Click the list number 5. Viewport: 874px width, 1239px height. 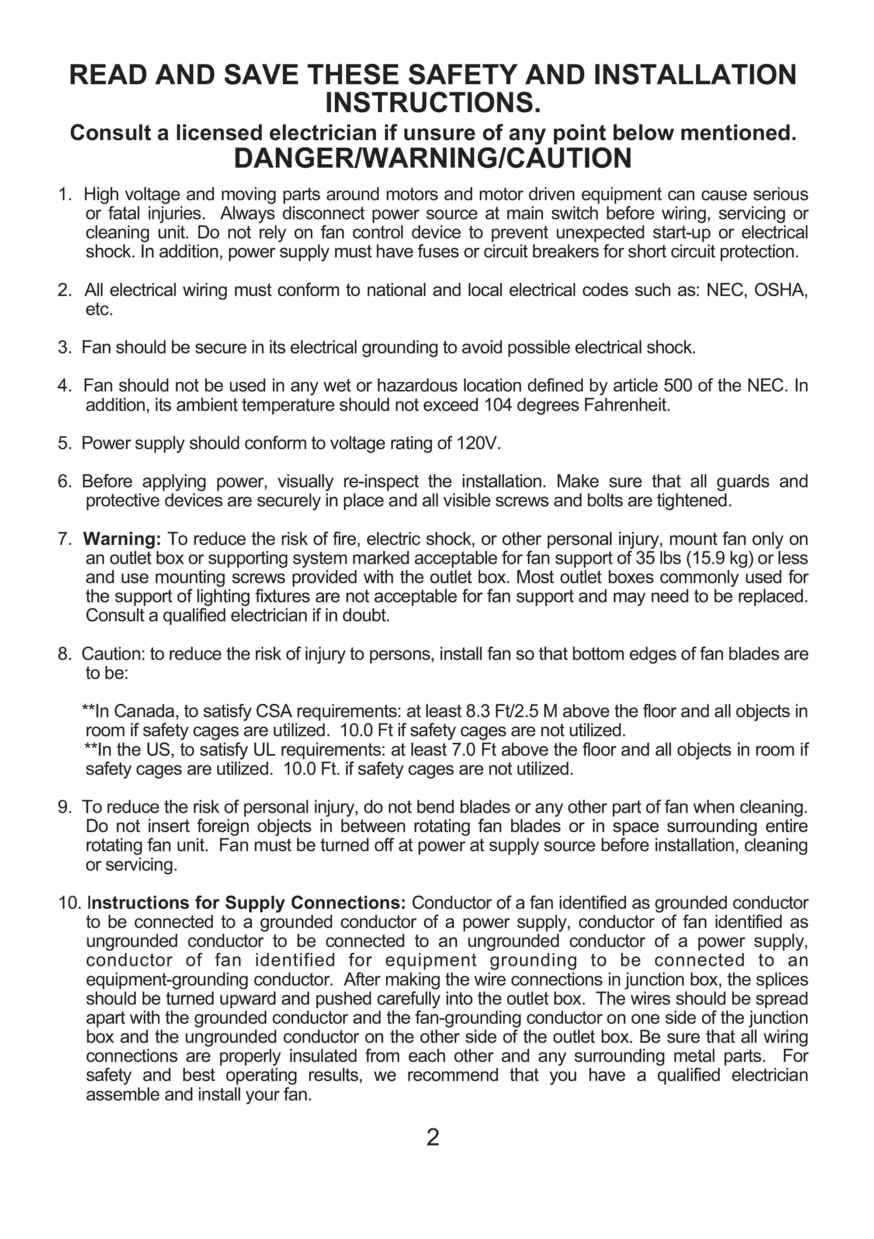click(64, 443)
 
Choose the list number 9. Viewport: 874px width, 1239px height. click(64, 807)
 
